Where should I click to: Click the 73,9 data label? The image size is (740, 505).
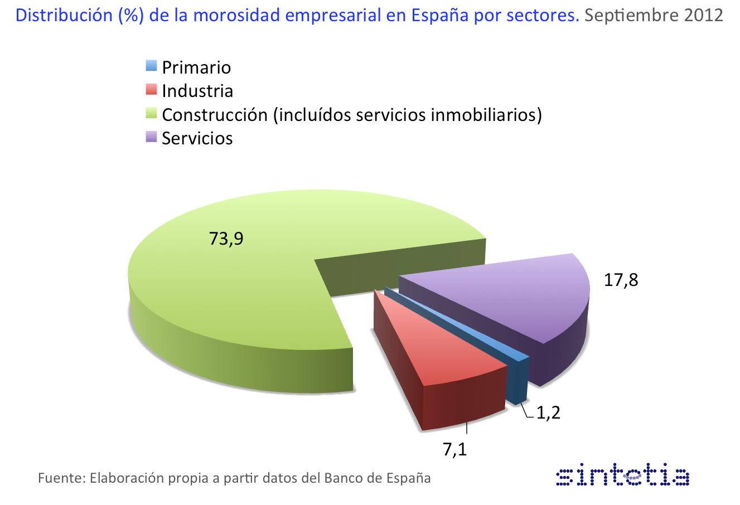point(226,239)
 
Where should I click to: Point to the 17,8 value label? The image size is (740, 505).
point(621,279)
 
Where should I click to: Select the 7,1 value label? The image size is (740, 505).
point(455,449)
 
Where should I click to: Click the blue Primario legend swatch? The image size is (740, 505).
point(151,66)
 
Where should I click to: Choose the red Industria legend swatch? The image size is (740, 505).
point(151,89)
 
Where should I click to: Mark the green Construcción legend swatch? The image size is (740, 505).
point(151,113)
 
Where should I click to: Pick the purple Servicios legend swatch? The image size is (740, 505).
point(151,137)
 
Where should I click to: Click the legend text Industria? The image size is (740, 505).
point(197,91)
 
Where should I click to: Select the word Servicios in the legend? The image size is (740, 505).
point(197,138)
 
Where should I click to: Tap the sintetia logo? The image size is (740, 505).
point(623,477)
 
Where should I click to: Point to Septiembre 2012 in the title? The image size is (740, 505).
point(654,15)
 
